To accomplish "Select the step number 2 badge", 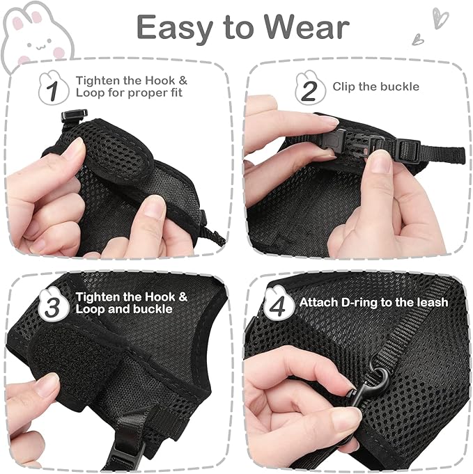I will (309, 88).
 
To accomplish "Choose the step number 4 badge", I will (277, 303).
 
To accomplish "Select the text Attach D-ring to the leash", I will (373, 303).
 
